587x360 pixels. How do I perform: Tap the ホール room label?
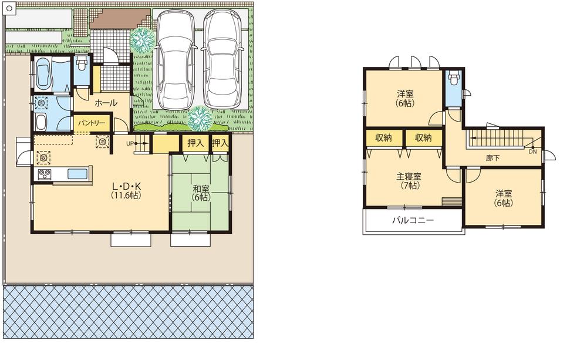tap(106, 103)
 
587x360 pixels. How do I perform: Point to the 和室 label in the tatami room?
tap(201, 189)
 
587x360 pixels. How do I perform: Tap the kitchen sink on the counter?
tap(77, 173)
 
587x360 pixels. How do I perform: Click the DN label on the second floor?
tap(532, 151)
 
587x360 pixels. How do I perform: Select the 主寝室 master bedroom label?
tap(409, 177)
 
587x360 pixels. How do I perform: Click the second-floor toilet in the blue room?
tap(453, 80)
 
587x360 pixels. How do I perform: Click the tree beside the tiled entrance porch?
tap(142, 40)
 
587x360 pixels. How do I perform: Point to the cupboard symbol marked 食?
tap(42, 157)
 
